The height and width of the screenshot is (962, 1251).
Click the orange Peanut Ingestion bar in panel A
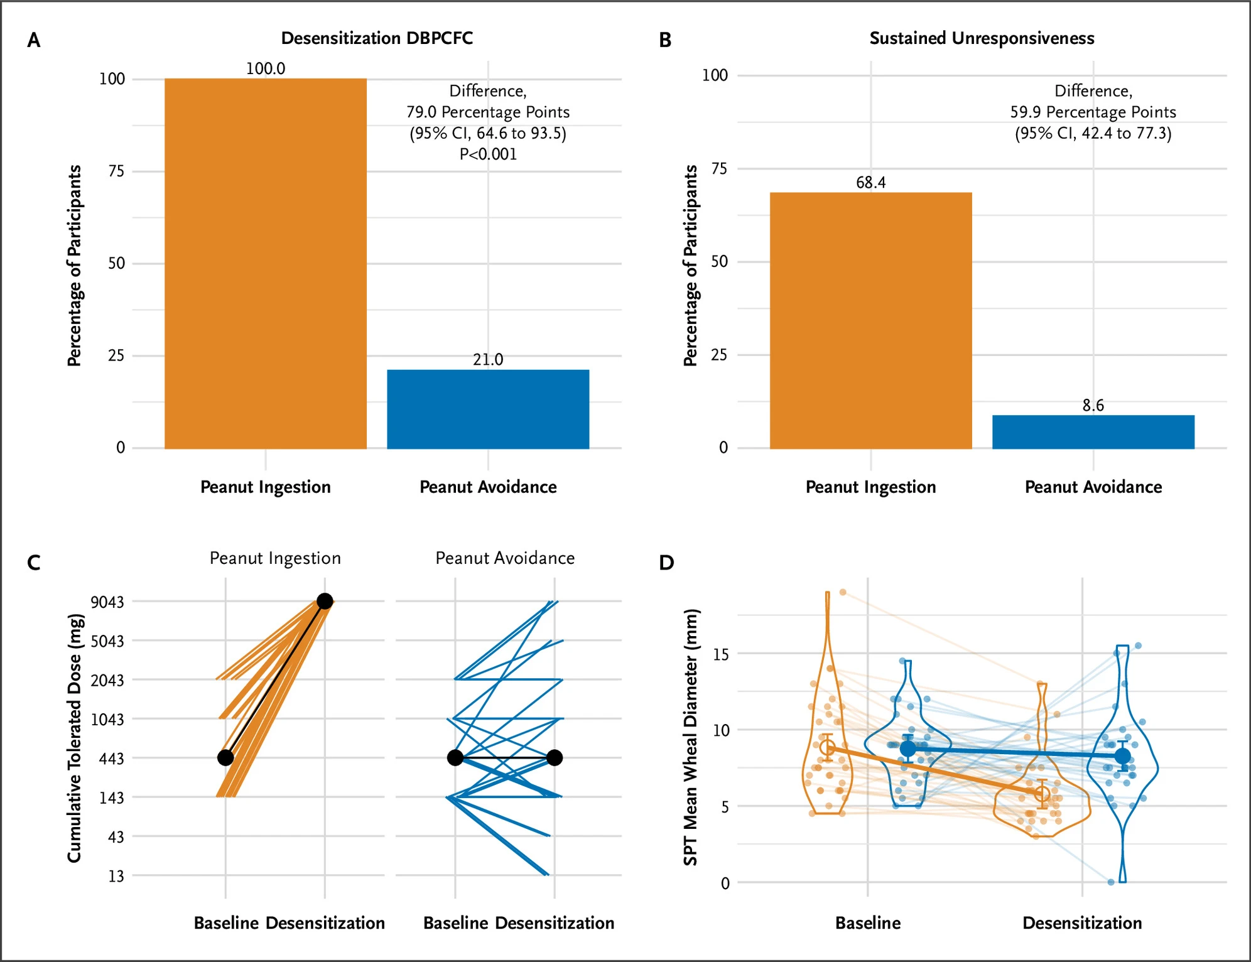(265, 264)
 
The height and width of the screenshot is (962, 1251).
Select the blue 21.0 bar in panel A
(488, 409)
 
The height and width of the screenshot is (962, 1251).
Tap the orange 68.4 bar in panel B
(870, 320)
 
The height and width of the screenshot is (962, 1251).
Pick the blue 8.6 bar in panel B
(1093, 432)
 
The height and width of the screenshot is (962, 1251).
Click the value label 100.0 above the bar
(265, 68)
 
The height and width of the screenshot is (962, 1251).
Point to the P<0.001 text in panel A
(488, 154)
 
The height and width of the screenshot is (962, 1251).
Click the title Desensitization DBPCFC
(377, 38)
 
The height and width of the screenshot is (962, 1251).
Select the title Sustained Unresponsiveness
(982, 38)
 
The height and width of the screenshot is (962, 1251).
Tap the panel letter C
(34, 563)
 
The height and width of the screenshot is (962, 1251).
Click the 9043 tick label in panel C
(107, 602)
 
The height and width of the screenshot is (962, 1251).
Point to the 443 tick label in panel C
(111, 759)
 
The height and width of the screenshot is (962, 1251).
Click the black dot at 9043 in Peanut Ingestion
(325, 601)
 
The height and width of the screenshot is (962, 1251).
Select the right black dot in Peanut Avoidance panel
(554, 757)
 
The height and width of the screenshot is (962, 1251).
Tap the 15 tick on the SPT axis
(721, 654)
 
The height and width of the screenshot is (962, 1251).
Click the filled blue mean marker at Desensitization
(1123, 756)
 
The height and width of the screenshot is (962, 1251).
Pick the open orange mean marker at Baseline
(828, 747)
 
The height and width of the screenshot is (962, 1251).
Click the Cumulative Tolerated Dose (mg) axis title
(75, 738)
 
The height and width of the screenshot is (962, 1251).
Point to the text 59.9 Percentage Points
(1093, 112)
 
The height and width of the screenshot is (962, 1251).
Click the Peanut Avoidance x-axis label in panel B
(1093, 487)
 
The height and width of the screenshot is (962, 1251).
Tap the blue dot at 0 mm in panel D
(1111, 882)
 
